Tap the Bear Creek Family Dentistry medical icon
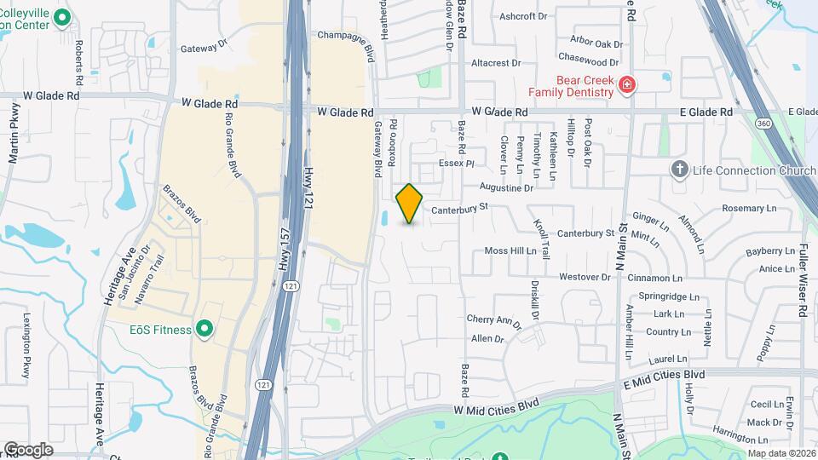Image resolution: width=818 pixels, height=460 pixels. tap(627, 84)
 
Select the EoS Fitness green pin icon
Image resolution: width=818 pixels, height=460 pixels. tap(204, 328)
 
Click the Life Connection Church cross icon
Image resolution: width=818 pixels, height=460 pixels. tap(679, 170)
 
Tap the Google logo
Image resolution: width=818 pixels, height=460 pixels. tap(28, 449)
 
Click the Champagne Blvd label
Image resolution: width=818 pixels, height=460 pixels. tap(346, 35)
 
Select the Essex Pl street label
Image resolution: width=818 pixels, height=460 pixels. tap(456, 162)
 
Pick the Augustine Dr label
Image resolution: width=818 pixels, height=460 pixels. tap(506, 187)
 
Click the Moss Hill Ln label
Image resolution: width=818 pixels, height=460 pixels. tap(510, 251)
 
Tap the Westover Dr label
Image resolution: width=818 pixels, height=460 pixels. tap(585, 277)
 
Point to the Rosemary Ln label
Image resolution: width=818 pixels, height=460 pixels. tap(750, 208)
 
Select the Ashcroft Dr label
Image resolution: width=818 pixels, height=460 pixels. tap(523, 16)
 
